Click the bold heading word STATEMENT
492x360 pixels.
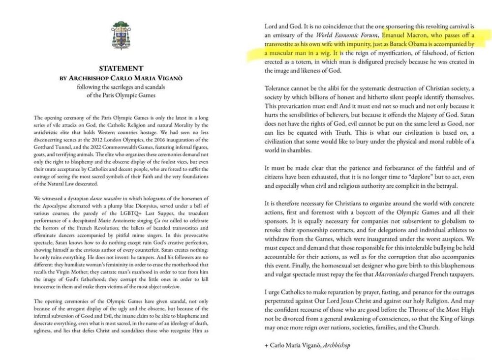121,68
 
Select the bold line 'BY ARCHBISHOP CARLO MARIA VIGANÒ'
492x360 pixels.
121,78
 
